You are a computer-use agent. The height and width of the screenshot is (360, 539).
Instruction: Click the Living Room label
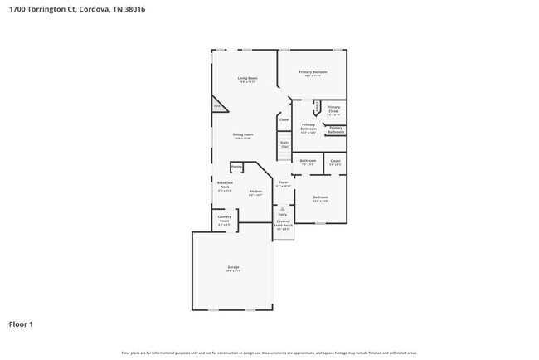(247, 78)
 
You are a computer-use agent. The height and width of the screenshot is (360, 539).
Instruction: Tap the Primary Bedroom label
(313, 72)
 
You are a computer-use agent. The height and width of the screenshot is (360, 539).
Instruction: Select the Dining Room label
(242, 134)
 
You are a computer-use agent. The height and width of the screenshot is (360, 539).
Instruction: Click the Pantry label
(236, 167)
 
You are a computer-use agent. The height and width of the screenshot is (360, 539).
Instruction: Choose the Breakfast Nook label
(225, 184)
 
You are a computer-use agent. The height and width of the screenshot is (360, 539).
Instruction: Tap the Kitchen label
(255, 192)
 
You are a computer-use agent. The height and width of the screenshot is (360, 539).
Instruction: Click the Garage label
(234, 267)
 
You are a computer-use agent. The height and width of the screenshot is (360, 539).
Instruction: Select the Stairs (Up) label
(284, 144)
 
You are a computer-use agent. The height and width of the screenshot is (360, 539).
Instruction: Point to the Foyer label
(283, 182)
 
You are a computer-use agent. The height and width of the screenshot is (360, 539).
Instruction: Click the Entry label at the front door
(282, 214)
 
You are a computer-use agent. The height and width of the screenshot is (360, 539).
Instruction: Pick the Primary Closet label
(333, 109)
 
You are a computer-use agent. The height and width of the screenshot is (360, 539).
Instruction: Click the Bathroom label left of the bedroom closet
(307, 160)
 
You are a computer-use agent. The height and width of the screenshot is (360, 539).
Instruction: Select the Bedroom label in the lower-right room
(320, 197)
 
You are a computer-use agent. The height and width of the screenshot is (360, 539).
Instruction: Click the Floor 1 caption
(21, 324)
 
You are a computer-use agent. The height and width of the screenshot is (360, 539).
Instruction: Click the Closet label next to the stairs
(284, 119)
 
